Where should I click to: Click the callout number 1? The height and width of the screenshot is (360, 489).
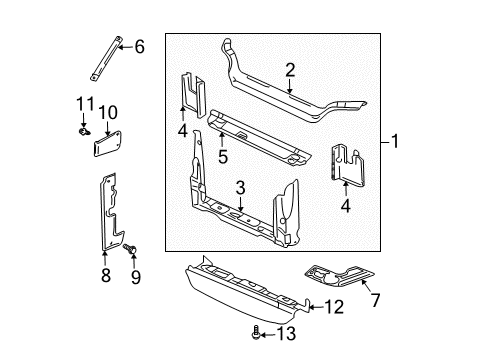tap(397, 142)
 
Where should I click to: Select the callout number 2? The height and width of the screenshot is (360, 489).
tap(290, 69)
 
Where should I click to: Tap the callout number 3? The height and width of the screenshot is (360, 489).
tap(240, 186)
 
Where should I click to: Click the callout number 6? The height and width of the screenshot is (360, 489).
tap(139, 45)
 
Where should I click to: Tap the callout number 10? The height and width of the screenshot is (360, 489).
tap(107, 110)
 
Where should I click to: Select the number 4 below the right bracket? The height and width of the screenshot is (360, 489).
tap(346, 208)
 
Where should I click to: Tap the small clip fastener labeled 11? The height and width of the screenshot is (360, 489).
tap(84, 128)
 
